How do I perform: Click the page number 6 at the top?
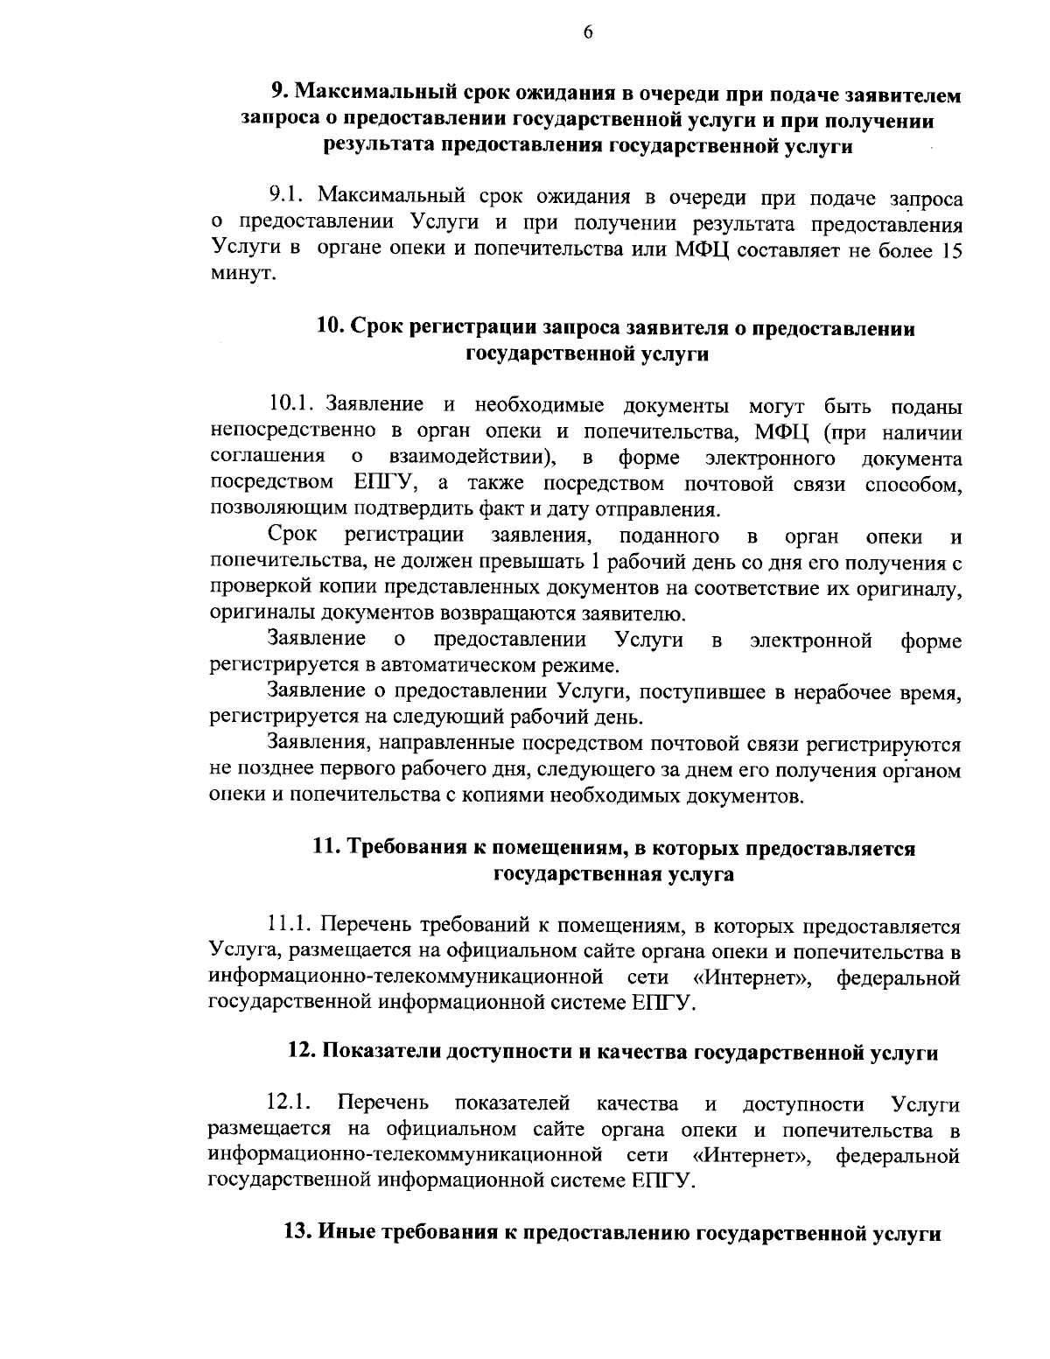[x=587, y=32]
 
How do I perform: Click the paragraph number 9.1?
[x=287, y=194]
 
